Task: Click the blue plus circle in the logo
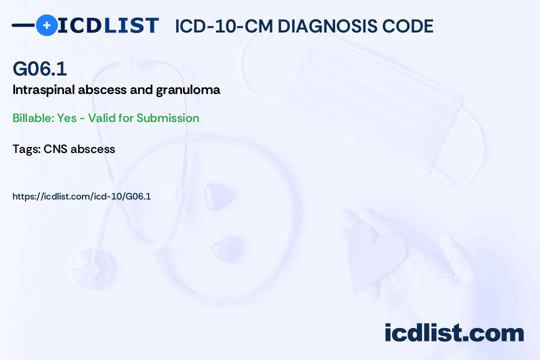[x=46, y=25]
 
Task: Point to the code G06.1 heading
[x=39, y=68]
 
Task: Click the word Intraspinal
[x=43, y=90]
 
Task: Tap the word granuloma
[x=188, y=90]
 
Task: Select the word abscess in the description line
[x=102, y=90]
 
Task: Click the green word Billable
[x=33, y=118]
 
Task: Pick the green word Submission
[x=167, y=118]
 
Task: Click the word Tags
[x=26, y=149]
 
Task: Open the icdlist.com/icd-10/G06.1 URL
[x=81, y=196]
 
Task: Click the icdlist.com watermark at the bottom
[x=454, y=332]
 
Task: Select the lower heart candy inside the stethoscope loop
[x=226, y=248]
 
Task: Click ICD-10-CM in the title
[x=224, y=26]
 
